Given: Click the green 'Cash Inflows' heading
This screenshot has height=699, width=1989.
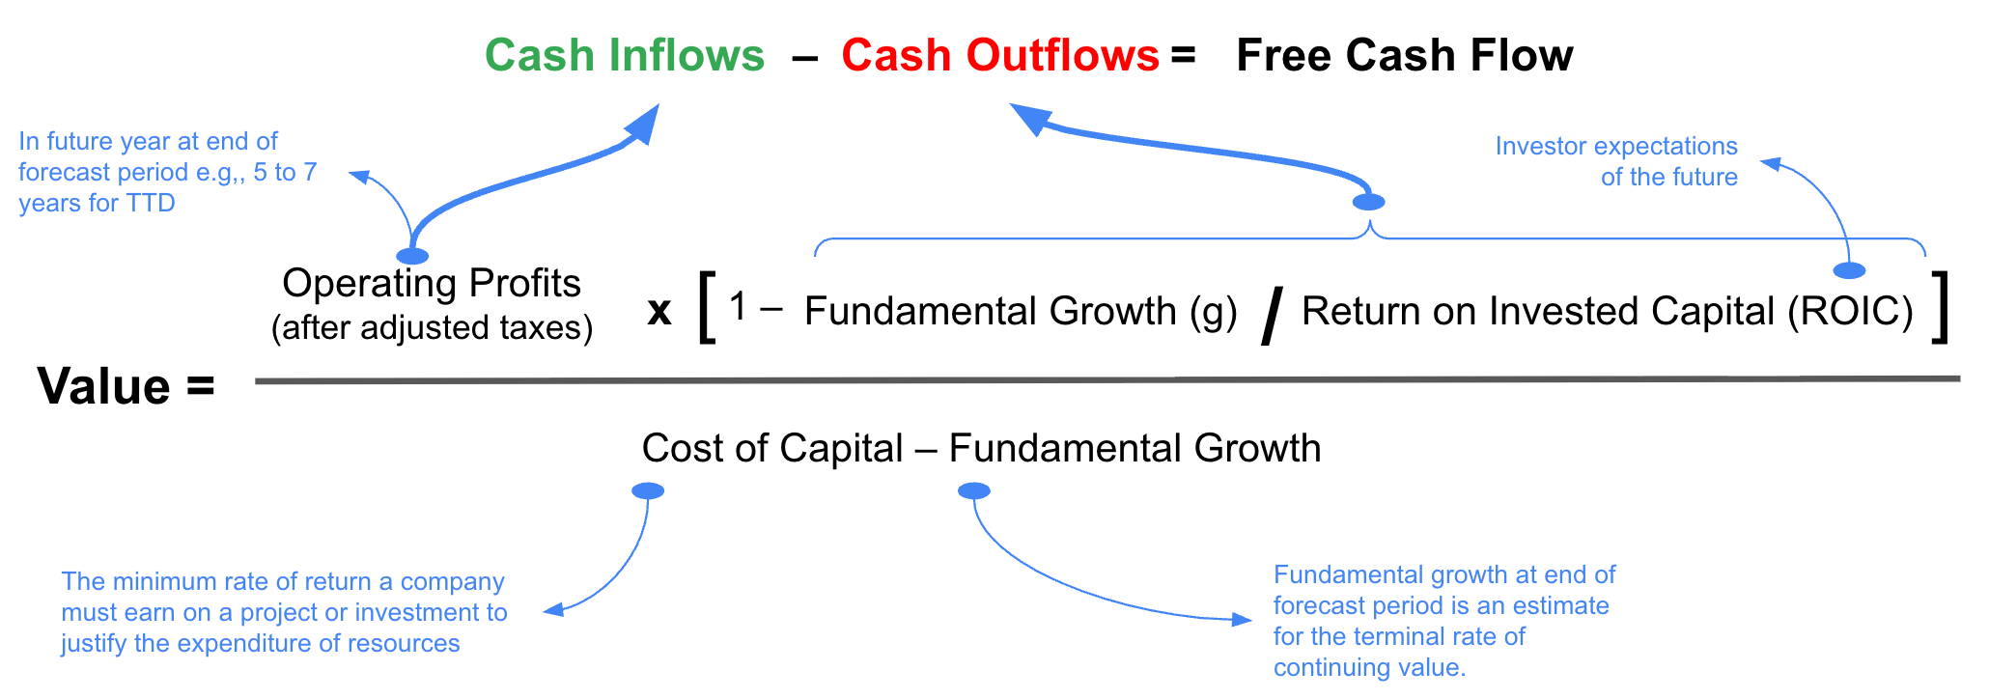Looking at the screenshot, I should [624, 56].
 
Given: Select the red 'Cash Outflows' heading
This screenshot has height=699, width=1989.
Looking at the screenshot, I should [999, 56].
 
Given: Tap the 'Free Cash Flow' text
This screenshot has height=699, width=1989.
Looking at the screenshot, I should [1404, 56].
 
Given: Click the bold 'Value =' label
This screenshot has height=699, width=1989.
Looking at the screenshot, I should [126, 387].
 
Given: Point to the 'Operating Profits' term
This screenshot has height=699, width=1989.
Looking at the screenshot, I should [432, 283].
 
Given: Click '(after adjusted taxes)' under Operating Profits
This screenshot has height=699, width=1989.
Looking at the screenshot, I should [432, 328].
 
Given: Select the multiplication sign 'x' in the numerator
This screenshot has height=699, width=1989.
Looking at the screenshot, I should [659, 311].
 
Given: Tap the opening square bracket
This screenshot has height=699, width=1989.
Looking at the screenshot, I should [707, 308].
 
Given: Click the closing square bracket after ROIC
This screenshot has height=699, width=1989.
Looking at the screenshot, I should [1939, 308].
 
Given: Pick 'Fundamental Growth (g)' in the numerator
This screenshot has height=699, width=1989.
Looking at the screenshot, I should [1021, 312].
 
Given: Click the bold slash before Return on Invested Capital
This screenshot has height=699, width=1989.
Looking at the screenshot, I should [1272, 315].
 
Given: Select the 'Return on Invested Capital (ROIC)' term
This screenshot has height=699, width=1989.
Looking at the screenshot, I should [1607, 312].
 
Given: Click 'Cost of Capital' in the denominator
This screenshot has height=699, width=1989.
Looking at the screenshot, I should [772, 449].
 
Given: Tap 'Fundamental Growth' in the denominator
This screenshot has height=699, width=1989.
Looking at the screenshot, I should [1135, 449].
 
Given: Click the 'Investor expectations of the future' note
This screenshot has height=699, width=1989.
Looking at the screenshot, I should [1617, 161].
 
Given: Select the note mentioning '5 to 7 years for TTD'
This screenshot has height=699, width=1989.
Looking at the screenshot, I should [166, 172].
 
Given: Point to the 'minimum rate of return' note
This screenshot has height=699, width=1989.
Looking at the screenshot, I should [284, 612].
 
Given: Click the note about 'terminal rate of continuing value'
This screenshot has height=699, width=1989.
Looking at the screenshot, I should [1443, 621].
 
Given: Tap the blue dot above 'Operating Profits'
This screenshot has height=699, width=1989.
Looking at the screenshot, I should [412, 256].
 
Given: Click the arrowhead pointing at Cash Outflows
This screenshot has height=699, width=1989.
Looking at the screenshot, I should [1029, 119].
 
